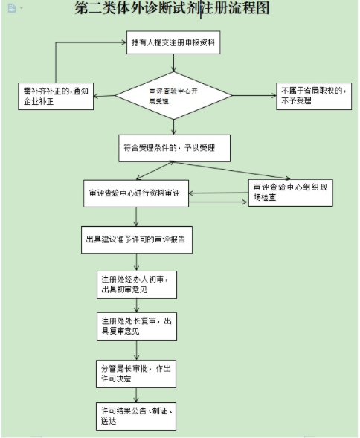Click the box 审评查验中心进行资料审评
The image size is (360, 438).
pos(135,195)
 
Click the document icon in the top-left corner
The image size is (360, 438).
pos(9,7)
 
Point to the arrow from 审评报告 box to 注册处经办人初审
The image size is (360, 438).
pos(135,262)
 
